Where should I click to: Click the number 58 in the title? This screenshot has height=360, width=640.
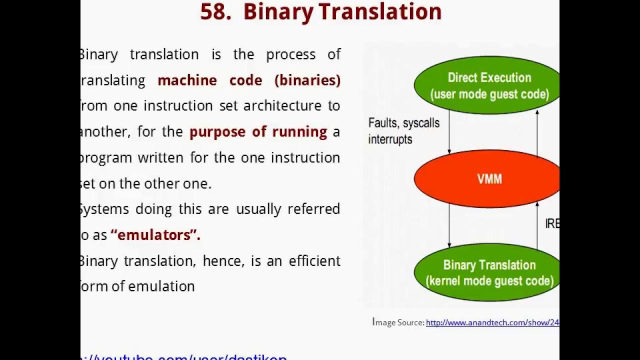(215, 12)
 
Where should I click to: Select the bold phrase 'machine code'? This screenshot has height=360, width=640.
(209, 80)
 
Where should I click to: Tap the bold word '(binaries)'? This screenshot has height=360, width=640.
(307, 80)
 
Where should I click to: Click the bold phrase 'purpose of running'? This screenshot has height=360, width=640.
(258, 132)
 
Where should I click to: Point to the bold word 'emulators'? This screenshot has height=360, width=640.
(154, 235)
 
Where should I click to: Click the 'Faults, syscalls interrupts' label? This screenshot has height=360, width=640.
(403, 131)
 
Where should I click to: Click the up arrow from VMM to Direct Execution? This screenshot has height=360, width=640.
(537, 133)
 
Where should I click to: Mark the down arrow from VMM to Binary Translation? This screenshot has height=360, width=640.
(449, 225)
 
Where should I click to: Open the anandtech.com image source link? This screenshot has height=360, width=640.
(492, 323)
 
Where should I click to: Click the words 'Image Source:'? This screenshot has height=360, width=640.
(398, 322)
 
